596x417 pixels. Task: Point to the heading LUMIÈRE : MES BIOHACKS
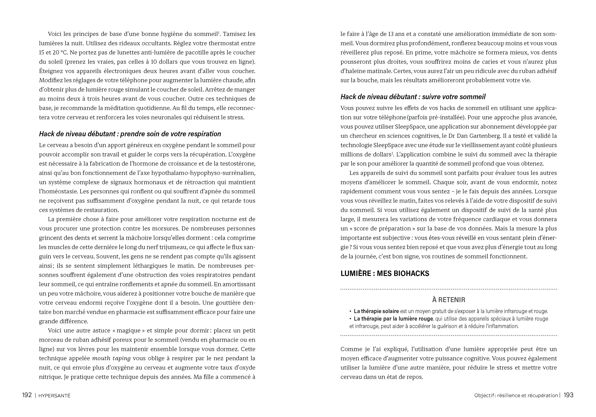pos(385,273)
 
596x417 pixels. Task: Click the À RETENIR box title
pos(449,300)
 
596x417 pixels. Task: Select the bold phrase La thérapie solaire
pos(376,311)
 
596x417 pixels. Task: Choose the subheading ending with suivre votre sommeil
pos(413,97)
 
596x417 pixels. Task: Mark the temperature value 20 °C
pos(60,52)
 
